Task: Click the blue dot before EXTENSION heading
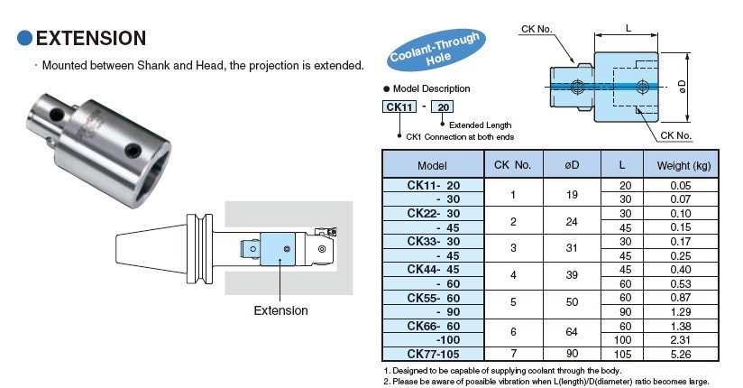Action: point(24,38)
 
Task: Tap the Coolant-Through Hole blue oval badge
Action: point(436,51)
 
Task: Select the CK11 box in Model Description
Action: point(399,106)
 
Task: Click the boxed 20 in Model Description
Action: point(443,106)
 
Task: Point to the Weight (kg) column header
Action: point(683,165)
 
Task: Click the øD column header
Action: point(572,165)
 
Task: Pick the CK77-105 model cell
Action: point(434,354)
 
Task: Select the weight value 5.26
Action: point(681,354)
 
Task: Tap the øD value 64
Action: point(572,331)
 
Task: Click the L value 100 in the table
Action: point(623,340)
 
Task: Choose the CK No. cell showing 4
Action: point(513,275)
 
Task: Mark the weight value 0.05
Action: point(681,186)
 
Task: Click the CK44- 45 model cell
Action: point(434,270)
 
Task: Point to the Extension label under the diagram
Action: point(281,310)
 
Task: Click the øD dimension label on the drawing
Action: point(683,87)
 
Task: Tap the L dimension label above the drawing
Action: point(628,29)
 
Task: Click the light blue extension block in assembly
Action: point(278,249)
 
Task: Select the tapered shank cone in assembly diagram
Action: point(151,248)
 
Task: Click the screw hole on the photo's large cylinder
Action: point(133,151)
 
